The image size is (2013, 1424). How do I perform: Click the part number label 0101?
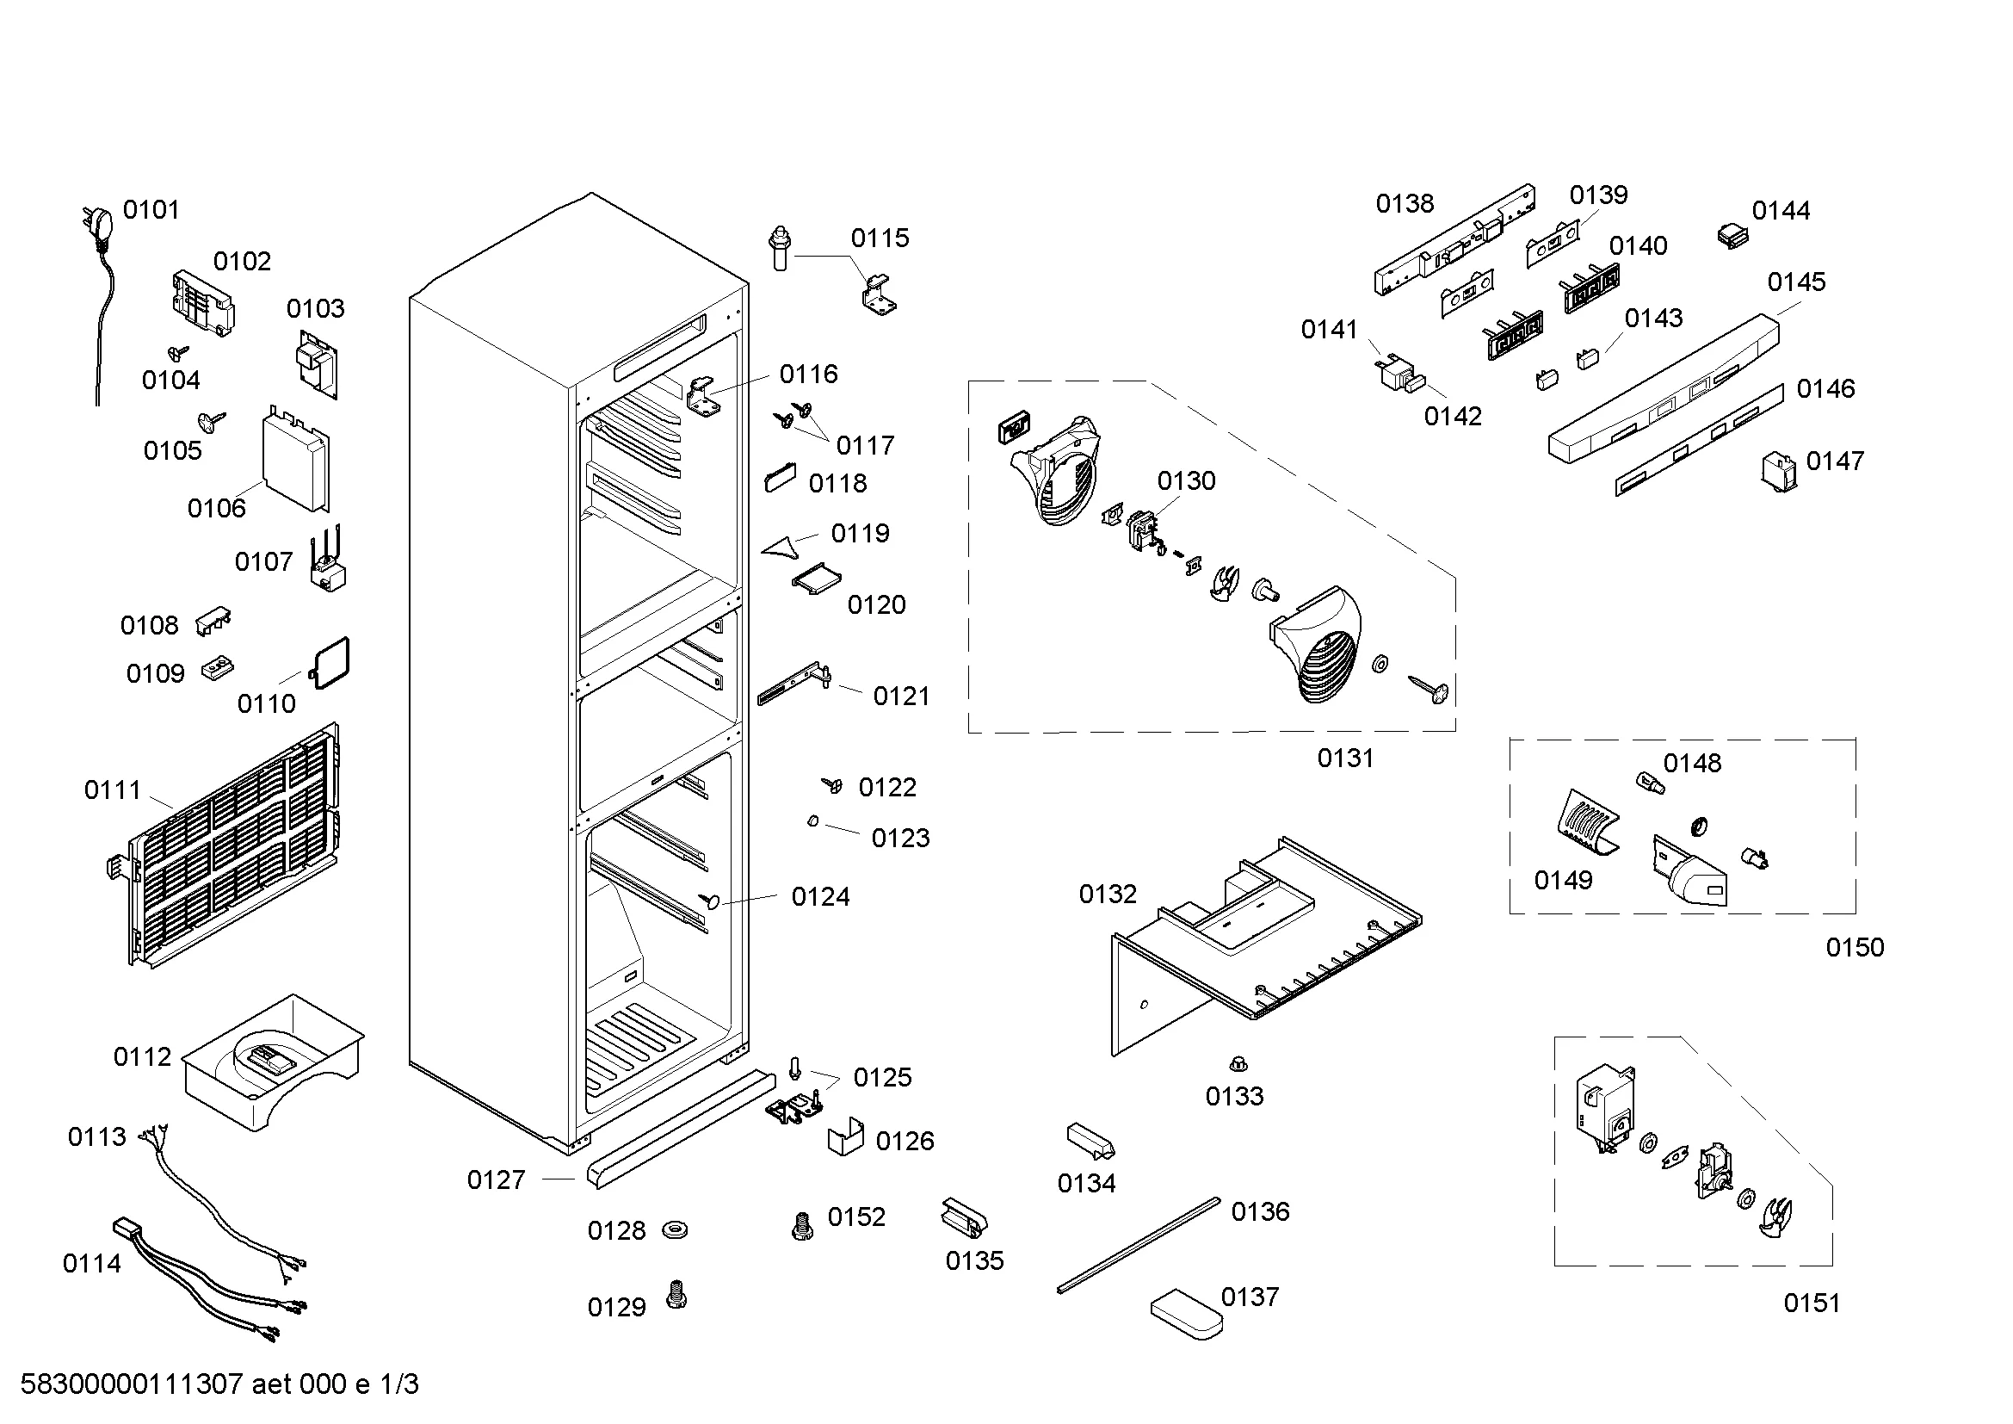click(151, 210)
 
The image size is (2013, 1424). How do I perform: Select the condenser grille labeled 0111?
click(232, 846)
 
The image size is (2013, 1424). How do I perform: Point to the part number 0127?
click(497, 1180)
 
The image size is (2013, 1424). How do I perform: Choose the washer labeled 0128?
click(675, 1229)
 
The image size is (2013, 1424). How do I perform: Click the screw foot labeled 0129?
click(676, 1294)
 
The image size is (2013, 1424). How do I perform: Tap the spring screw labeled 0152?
click(801, 1226)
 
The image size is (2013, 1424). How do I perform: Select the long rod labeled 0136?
click(1138, 1245)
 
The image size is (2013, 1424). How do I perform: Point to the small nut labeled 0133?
click(1238, 1065)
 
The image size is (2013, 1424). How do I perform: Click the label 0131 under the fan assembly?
click(1345, 758)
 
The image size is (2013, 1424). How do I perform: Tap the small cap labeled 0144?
click(1732, 236)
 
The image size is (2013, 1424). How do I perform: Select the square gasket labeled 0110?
click(331, 663)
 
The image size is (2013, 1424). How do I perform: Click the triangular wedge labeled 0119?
click(782, 548)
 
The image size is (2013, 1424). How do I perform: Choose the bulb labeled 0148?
click(1650, 782)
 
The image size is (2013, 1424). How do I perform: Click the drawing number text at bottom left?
click(219, 1384)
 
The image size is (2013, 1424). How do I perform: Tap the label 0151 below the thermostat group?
click(1812, 1303)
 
